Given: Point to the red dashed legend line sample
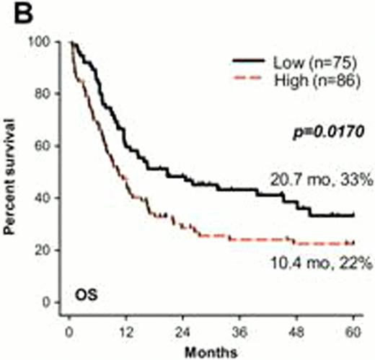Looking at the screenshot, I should tap(250, 79).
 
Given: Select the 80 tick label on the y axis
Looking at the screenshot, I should tap(50, 94).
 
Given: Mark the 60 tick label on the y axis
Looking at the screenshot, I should tap(50, 146).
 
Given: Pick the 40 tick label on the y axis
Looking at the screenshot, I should tap(50, 198).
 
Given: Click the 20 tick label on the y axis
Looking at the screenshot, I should tap(50, 250).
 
